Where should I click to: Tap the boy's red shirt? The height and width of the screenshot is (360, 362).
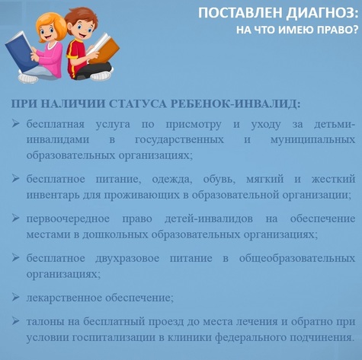coord(75,56)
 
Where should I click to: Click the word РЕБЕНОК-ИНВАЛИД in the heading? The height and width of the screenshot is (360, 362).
coord(235,104)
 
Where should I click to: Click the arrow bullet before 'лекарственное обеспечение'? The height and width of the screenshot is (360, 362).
coord(15,297)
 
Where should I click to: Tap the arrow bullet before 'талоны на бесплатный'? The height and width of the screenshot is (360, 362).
coord(15,321)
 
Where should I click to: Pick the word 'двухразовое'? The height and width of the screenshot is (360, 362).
coord(127,259)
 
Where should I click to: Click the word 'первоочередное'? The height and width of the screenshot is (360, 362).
coord(68,219)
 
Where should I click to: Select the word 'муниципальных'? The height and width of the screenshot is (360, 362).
coord(312,140)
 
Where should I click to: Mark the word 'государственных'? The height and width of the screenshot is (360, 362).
coord(179,140)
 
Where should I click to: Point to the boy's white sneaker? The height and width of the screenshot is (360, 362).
coord(101,75)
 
